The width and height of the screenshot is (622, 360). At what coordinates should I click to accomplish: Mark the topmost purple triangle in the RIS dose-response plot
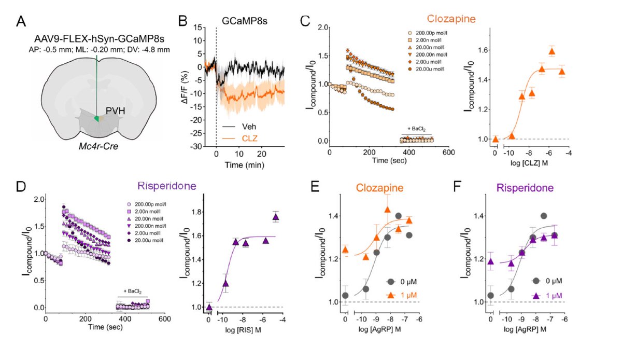276,217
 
